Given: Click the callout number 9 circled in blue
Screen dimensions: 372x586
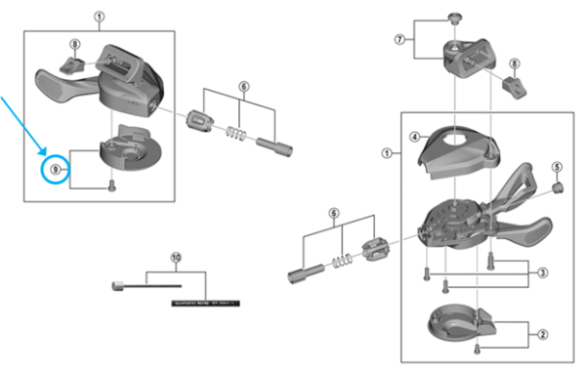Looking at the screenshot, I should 56,169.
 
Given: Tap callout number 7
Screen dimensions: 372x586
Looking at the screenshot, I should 398,40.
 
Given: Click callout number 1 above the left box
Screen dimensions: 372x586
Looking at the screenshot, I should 99,17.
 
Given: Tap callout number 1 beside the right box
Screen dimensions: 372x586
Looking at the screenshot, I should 387,153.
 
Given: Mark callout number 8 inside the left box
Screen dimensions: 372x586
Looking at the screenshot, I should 74,44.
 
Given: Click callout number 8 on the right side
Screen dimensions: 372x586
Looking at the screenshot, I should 515,63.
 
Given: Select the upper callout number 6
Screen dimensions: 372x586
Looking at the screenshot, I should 244,87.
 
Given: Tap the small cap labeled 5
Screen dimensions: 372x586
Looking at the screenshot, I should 558,187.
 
